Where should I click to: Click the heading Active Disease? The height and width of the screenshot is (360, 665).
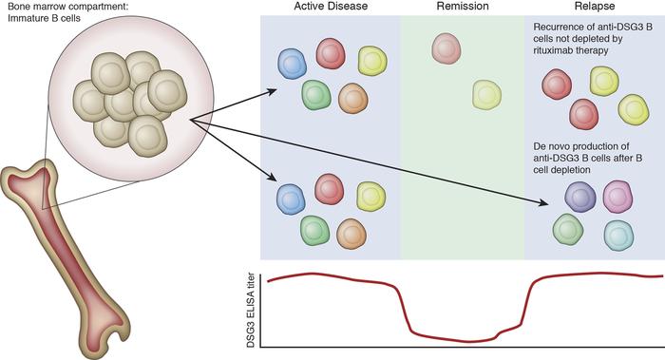[x=329, y=9]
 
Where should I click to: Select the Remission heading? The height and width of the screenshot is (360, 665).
[x=462, y=9]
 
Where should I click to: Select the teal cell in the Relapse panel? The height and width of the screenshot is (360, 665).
[x=618, y=233]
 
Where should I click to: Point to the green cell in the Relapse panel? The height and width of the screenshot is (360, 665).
[x=568, y=229]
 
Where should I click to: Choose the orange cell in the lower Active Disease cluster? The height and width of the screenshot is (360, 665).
[x=351, y=232]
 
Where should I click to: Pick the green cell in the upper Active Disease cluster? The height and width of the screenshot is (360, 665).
[x=315, y=93]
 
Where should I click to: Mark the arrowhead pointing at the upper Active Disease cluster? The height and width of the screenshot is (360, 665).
[x=272, y=92]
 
